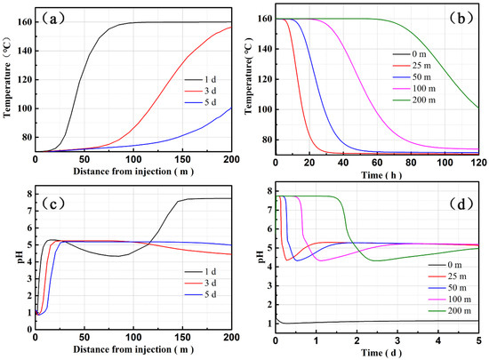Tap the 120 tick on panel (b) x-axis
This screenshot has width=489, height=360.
[x=477, y=163]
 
